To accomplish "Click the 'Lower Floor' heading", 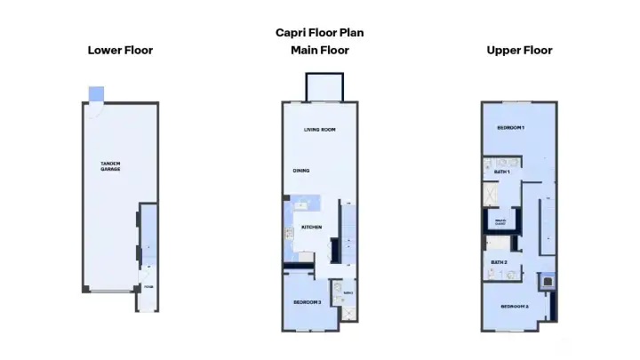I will pos(120,50).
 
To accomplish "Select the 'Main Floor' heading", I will pos(319,50).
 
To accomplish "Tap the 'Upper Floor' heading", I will pos(519,50).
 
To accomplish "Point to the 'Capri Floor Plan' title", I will pos(319,33).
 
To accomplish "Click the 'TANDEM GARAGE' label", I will pos(110,166).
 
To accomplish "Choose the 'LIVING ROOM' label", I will pos(319,130).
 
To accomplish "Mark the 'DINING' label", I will pos(301,171).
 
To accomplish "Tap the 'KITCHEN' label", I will pos(311,228).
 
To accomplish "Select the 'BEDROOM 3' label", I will pos(308,302).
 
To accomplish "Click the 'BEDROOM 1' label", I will pos(510,128).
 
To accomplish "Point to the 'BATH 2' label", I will pos(499,262).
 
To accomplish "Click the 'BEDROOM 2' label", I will pos(514,307).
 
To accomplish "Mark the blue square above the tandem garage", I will pos(97,93).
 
